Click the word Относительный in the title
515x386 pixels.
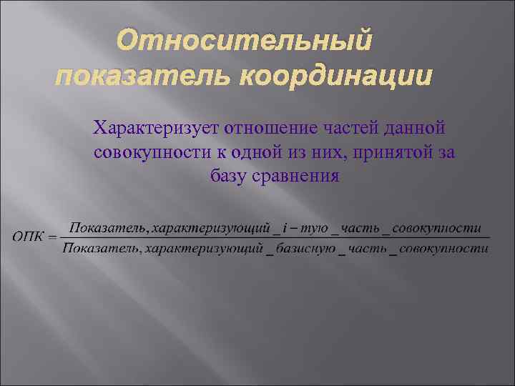click(x=245, y=41)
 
